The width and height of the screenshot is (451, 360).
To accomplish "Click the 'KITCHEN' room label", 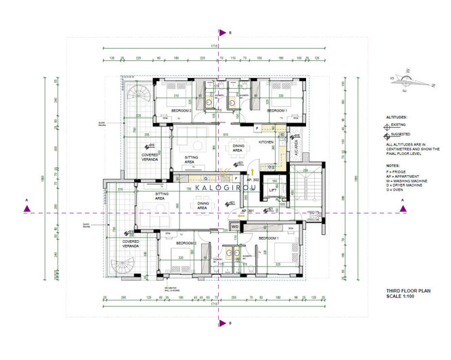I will (x=265, y=142).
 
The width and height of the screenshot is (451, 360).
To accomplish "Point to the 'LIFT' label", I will (x=273, y=192).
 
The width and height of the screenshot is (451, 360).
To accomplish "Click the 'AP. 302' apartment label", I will (x=252, y=181).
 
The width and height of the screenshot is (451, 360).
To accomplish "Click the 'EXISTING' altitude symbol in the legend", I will (x=389, y=125).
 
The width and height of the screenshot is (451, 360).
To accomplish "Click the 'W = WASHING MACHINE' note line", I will (x=407, y=181).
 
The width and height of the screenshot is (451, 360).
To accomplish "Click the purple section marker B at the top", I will (x=221, y=32).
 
